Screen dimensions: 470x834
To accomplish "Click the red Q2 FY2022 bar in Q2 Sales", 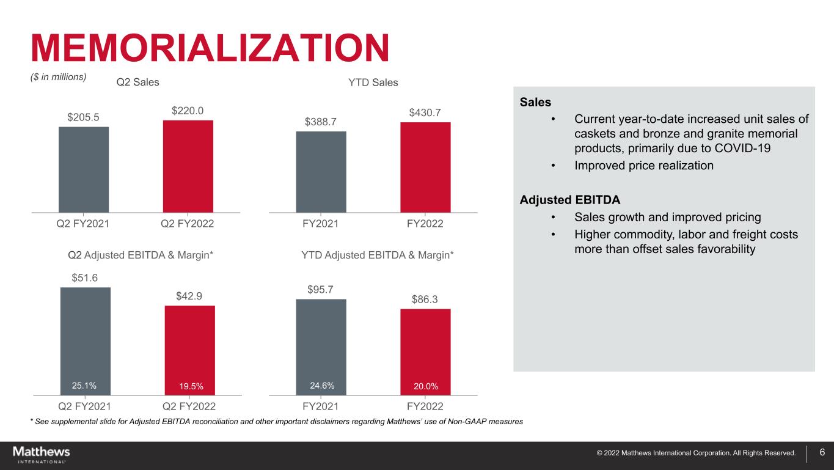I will pos(188,166).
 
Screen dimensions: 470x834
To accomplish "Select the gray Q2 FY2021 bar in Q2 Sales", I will pos(84,169).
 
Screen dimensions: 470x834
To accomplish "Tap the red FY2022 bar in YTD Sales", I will pos(425,167).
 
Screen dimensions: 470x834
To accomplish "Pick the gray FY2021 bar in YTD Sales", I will pos(321,172).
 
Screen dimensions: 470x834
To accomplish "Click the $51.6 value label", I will pos(85,278).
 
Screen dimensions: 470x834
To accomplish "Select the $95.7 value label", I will pos(320,289).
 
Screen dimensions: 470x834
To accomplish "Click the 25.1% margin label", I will pos(84,385).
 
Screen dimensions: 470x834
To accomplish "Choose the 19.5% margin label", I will pos(190,386).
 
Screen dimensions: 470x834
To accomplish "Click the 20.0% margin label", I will pos(426,386).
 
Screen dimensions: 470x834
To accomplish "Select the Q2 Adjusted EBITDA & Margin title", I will pos(140,254).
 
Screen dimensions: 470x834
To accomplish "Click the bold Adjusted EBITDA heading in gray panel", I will pos(569,200).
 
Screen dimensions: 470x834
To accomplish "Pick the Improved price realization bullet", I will pos(644,166).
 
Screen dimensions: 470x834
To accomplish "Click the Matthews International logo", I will pos(41,455).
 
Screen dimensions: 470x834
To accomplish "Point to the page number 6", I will pos(822,452).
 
